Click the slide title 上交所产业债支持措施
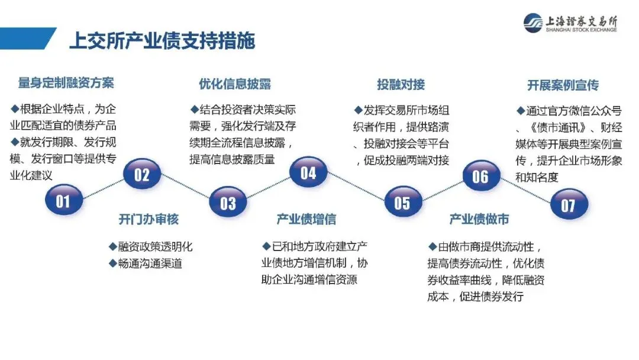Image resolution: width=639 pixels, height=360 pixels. click(162, 41)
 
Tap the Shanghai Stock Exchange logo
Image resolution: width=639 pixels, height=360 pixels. click(570, 23)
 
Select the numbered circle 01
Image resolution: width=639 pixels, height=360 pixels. click(63, 201)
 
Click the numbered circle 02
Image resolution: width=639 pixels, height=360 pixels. click(142, 175)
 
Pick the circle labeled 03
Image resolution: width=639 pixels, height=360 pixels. click(228, 203)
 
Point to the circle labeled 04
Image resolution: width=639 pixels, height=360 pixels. click(308, 173)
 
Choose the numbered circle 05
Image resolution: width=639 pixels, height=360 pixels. click(402, 203)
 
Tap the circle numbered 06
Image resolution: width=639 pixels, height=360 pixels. click(480, 176)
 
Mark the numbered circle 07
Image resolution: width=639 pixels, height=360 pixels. click(568, 205)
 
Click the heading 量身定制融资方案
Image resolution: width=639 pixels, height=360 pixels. click(66, 83)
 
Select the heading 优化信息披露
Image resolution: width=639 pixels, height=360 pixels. click(235, 83)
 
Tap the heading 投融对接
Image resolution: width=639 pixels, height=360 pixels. click(401, 84)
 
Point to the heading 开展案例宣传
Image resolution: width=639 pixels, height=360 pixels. click(563, 85)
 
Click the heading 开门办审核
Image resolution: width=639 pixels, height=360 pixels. click(149, 220)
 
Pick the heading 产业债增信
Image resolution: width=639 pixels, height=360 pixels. click(306, 220)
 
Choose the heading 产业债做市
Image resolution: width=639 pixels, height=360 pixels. click(479, 220)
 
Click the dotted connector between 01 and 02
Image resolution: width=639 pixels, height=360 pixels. click(102, 188)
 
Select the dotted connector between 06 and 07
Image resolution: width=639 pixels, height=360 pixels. click(524, 191)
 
